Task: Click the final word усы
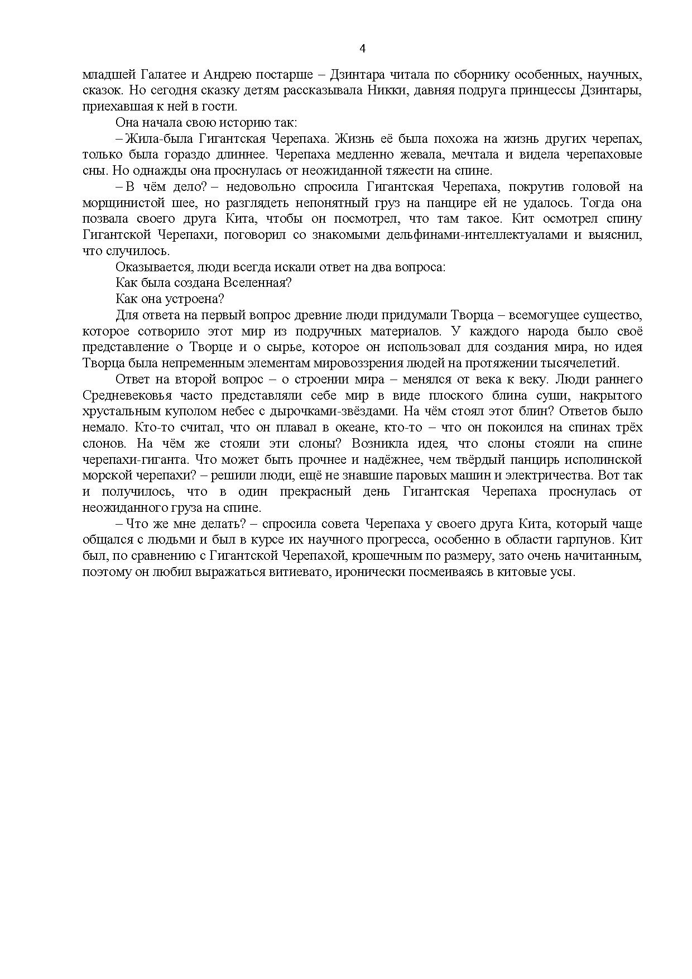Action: (563, 573)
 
